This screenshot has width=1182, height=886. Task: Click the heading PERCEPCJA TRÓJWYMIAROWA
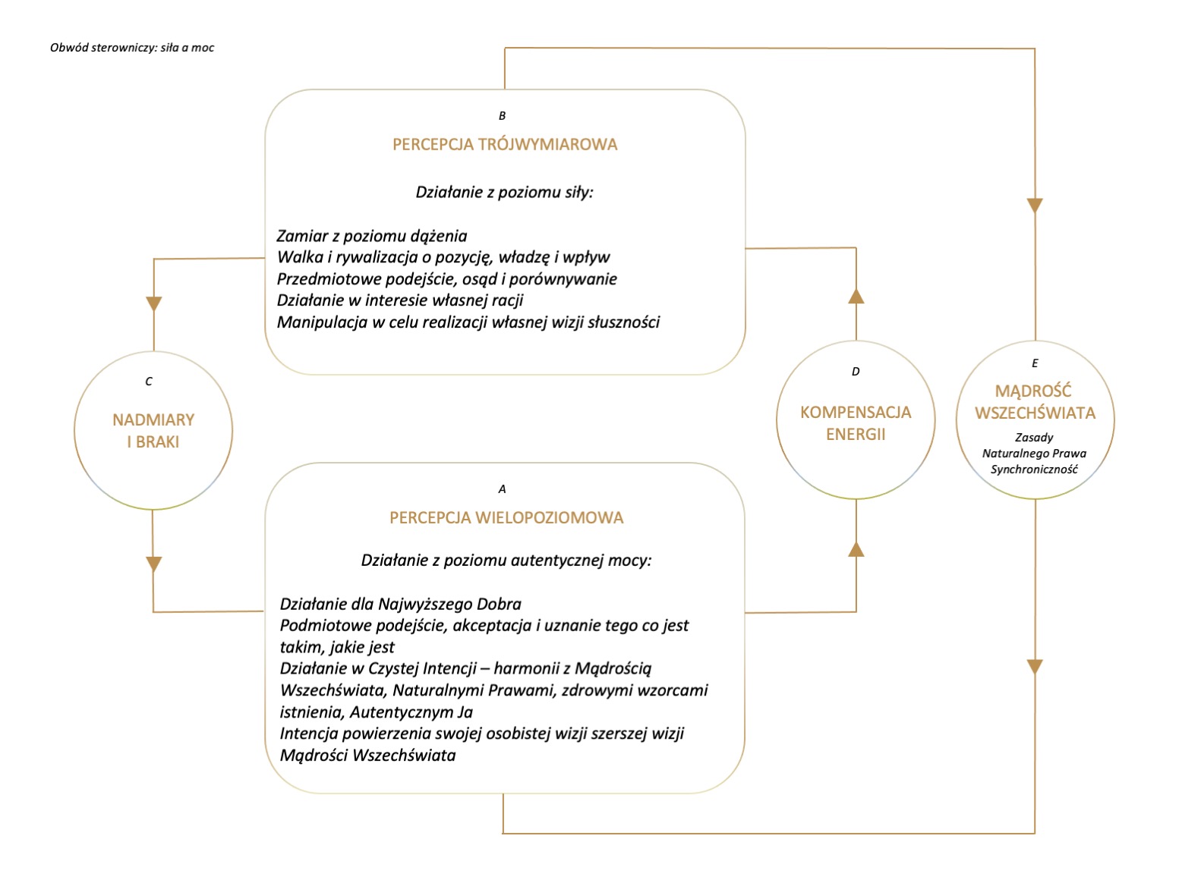[505, 144]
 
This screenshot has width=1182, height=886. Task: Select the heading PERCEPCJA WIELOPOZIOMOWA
[506, 517]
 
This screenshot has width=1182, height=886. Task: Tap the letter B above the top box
[502, 115]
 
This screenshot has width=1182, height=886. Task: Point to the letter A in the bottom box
[502, 489]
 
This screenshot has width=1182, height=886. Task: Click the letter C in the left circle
[149, 382]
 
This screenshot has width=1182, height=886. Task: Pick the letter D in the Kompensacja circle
[856, 371]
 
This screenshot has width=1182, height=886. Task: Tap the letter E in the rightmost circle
[1035, 363]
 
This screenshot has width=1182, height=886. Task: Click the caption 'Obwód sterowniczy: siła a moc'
[132, 47]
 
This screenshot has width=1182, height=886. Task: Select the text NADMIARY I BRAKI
[153, 430]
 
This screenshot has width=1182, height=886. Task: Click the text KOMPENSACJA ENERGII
[856, 423]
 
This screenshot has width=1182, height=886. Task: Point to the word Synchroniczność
[1034, 469]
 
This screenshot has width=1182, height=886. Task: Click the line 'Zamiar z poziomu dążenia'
[371, 236]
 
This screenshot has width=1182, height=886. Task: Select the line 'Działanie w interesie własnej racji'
[400, 300]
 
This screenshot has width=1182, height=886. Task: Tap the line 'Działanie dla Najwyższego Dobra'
[401, 604]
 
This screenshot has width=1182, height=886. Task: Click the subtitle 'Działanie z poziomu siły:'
[505, 192]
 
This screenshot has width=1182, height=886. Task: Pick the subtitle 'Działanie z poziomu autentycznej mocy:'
[506, 560]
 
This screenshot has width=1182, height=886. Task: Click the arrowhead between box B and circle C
[154, 304]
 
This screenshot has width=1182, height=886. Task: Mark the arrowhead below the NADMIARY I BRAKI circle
[154, 564]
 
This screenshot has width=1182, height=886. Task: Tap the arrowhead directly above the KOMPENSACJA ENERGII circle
[856, 296]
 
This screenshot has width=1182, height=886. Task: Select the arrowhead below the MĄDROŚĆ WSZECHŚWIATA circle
[1035, 667]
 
